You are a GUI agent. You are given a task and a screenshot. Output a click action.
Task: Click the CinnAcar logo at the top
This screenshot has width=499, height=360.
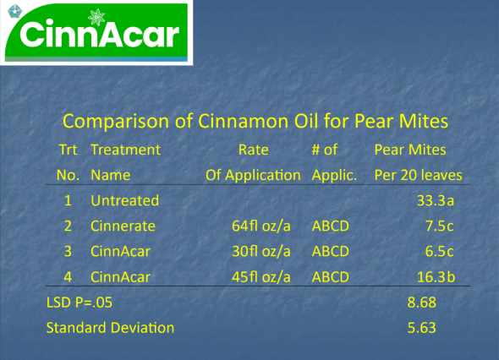point(96,32)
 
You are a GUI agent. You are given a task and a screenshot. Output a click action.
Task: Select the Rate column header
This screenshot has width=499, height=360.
point(254,150)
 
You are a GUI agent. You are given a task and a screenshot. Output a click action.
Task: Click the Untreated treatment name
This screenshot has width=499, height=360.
point(125,200)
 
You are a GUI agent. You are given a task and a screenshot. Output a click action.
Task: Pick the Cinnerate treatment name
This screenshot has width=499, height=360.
point(123,226)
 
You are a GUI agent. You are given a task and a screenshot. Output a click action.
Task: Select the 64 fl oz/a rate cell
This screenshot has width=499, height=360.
point(261,226)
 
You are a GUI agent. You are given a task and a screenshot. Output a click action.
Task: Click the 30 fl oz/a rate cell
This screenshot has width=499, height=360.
point(261,252)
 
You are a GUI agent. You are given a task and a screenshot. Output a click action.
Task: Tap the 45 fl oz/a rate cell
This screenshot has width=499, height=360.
point(261,277)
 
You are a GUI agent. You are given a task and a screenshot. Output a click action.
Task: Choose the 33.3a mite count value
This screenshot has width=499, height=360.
point(436,200)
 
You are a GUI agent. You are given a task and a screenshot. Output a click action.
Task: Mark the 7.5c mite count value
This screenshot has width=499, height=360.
point(440,226)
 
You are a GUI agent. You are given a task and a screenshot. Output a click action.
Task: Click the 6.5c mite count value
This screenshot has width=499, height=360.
point(440,252)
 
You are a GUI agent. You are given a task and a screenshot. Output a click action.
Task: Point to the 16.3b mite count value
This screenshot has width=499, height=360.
point(436,277)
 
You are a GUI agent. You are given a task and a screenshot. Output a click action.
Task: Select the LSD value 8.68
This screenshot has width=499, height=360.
point(422,303)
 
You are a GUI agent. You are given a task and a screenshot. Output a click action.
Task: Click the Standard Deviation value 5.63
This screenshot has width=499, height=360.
point(422,328)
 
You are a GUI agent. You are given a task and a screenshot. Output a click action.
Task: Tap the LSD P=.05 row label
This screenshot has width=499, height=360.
point(80,303)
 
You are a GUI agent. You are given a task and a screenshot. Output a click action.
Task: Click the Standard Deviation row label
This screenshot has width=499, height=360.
point(110,328)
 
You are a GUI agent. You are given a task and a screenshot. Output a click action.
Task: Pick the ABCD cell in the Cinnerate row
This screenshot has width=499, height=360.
point(331,226)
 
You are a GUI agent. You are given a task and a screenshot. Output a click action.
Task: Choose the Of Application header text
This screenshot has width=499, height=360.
point(253,175)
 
